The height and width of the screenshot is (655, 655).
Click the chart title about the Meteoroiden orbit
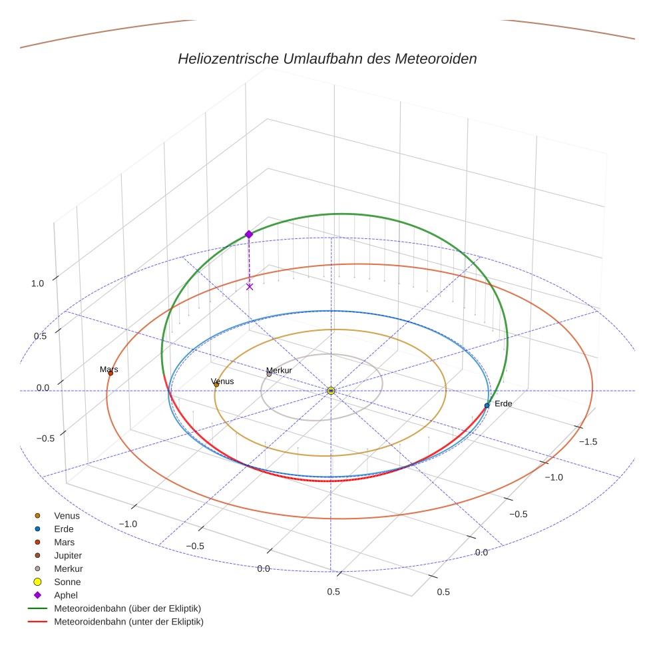(327, 59)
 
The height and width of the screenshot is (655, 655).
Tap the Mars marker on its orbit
(110, 373)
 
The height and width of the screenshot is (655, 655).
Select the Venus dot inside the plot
(216, 384)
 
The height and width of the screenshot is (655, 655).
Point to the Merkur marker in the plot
(269, 374)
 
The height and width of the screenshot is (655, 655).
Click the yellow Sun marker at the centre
(331, 391)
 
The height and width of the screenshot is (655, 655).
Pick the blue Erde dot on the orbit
(487, 405)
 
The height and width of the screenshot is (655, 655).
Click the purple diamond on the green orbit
(249, 234)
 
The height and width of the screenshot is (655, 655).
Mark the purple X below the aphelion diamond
(250, 287)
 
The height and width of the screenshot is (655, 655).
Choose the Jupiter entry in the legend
(68, 555)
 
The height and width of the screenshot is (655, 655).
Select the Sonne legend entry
(67, 582)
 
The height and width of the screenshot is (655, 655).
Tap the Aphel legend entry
(65, 595)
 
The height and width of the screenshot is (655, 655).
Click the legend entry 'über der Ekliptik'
(127, 608)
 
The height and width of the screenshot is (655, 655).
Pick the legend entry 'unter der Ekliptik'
(128, 622)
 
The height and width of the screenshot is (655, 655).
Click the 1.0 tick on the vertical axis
(37, 283)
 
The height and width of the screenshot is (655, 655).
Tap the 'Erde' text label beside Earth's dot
(503, 404)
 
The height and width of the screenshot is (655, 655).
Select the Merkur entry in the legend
(68, 568)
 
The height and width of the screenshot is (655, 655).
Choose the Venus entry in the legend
(67, 515)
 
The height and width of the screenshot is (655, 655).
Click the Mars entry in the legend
(64, 542)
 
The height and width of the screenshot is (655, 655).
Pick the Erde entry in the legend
(64, 529)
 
